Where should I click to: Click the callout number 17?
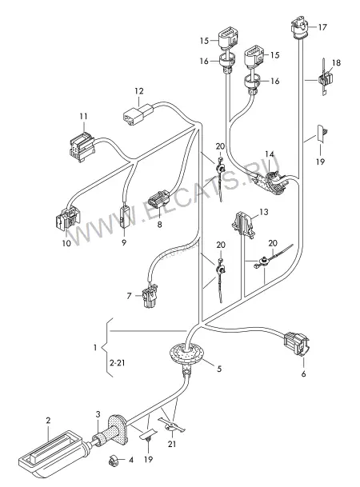click(322, 27)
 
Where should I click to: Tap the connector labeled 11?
click(82, 146)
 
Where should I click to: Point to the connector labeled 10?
click(68, 220)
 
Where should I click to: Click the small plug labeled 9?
click(124, 217)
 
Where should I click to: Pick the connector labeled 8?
click(159, 201)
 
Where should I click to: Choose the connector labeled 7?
click(150, 296)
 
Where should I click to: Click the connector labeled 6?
click(297, 344)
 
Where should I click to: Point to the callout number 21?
click(172, 444)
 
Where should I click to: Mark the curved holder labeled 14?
click(274, 181)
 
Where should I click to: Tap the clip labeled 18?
click(325, 79)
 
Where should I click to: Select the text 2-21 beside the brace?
click(118, 362)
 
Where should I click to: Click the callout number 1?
click(95, 347)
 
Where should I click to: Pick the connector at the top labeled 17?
click(300, 26)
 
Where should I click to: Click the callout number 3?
click(98, 414)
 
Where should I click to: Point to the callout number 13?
click(264, 212)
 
